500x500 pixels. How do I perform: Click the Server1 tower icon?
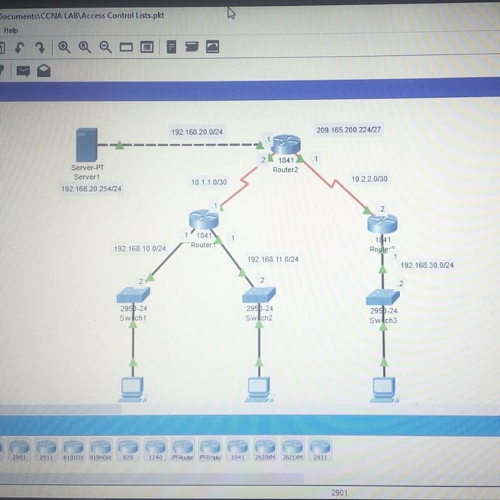tap(87, 146)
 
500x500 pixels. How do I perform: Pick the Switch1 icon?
tap(133, 294)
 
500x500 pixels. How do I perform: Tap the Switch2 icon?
tap(259, 294)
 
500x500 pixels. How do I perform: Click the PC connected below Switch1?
tap(132, 387)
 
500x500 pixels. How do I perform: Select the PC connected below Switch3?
tap(384, 387)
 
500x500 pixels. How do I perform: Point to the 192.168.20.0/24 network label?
tap(197, 132)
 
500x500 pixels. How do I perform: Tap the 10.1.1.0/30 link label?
tap(209, 182)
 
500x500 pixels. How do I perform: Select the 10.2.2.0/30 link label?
tap(369, 179)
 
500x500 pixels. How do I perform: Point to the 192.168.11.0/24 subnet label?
tap(273, 259)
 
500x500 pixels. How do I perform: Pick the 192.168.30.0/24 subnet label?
tap(427, 265)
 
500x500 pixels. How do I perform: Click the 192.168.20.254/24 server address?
tap(91, 188)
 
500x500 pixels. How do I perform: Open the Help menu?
tap(10, 30)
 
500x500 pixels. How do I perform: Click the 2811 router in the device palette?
tap(319, 448)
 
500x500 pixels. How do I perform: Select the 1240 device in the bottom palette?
tap(154, 448)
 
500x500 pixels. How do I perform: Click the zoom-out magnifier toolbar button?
tap(106, 47)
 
